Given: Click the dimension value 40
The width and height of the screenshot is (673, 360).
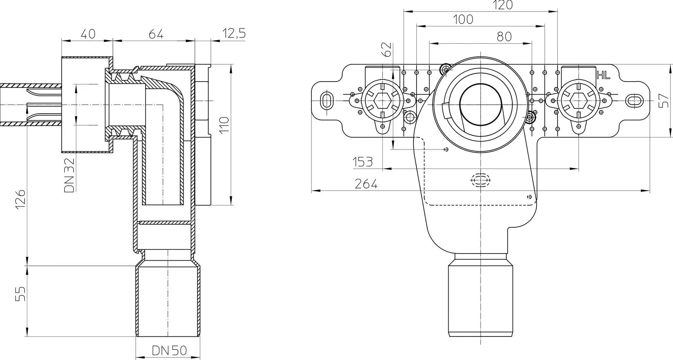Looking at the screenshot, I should click(88, 34).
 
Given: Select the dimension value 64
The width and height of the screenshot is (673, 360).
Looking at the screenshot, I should click(156, 34).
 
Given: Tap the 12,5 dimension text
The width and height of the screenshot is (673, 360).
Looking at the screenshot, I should click(234, 34).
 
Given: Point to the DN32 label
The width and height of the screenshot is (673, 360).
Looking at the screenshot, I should click(70, 175).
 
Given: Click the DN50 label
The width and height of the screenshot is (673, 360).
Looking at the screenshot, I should click(169, 350).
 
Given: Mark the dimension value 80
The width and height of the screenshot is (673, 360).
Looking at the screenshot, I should click(504, 37).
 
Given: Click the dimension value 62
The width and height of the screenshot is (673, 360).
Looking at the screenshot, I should click(387, 49).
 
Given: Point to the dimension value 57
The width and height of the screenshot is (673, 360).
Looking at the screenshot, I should click(664, 101).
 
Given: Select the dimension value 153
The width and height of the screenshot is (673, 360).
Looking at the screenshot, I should click(363, 162).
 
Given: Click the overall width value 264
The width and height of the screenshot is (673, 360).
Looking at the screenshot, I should click(366, 184).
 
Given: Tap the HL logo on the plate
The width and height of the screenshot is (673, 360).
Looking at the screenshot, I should click(603, 76).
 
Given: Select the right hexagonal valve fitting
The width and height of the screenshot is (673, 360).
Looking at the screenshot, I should click(578, 101).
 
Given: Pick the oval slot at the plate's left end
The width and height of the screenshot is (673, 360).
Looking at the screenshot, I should click(326, 101).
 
